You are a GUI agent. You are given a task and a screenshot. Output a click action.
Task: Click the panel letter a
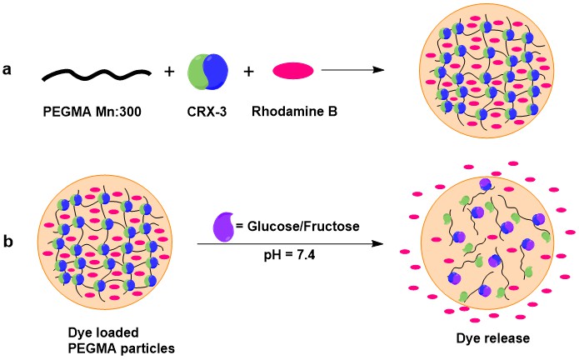coord(10,71)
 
